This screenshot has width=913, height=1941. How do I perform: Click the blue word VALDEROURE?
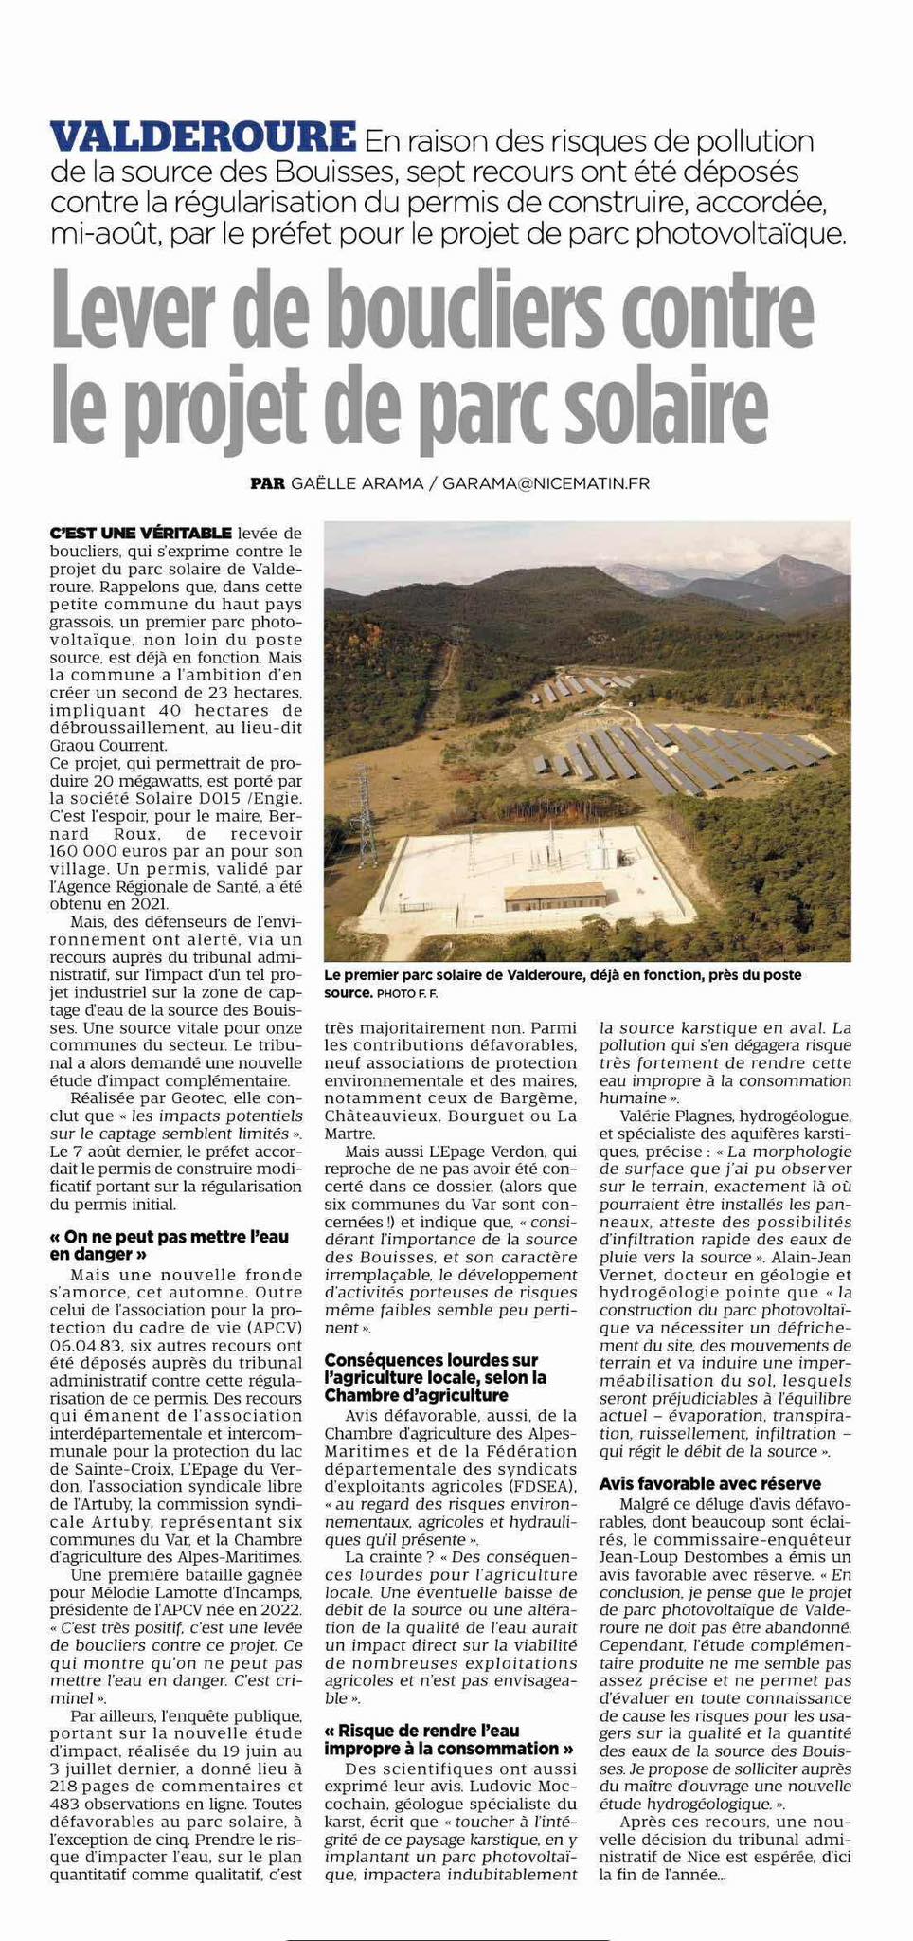pyautogui.click(x=203, y=137)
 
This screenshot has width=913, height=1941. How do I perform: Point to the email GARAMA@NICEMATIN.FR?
pyautogui.click(x=546, y=483)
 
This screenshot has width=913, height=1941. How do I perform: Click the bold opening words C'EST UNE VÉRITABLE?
pyautogui.click(x=140, y=533)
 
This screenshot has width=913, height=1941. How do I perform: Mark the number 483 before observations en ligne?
pyautogui.click(x=67, y=1802)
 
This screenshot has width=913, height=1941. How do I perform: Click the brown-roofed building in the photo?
pyautogui.click(x=555, y=894)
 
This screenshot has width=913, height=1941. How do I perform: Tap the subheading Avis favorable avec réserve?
pyautogui.click(x=709, y=1483)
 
